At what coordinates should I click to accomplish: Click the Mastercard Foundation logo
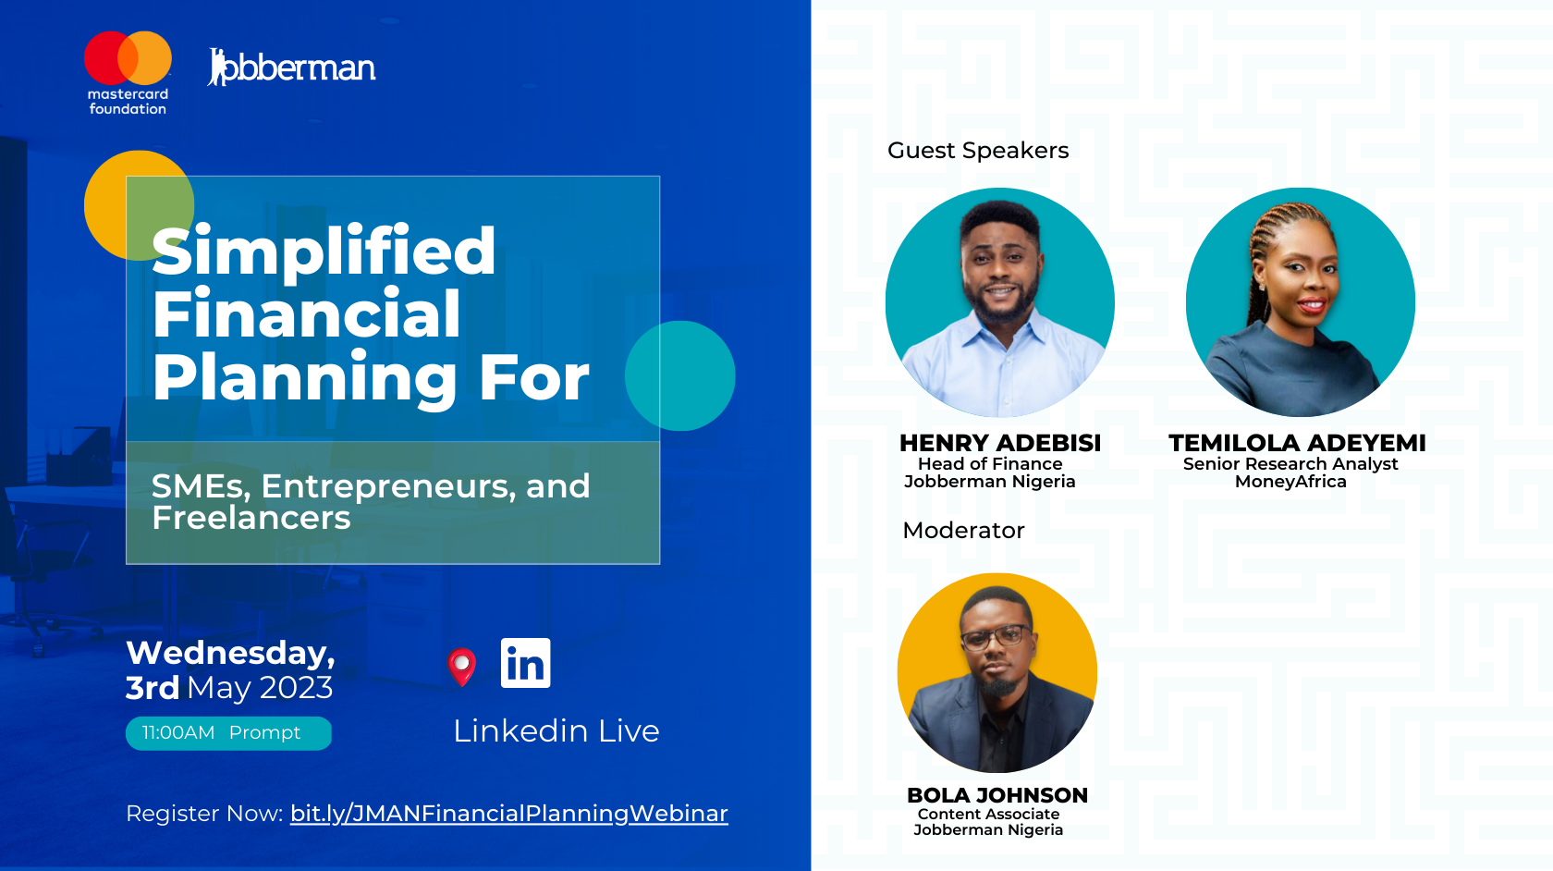pos(128,73)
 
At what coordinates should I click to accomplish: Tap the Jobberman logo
pos(292,67)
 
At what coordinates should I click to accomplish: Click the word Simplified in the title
pos(324,252)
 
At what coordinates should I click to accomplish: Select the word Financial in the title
pos(307,314)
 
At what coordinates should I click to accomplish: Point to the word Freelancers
pos(251,518)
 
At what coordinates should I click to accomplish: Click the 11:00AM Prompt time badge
pos(229,733)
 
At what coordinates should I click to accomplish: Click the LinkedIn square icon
pos(525,663)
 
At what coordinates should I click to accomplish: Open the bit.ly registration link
pos(508,814)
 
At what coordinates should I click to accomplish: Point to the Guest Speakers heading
pos(978,151)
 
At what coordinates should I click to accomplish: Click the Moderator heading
pos(963,531)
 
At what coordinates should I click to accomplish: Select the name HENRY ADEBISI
pos(1000,443)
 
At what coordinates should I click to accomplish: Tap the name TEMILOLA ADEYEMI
pos(1297,443)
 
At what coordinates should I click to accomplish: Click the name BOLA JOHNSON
pos(997,795)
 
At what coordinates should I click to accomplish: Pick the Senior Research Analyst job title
pos(1290,464)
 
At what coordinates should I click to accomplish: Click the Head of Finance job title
pos(990,464)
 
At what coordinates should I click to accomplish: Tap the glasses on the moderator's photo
pos(997,637)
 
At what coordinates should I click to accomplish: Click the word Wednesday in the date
pos(231,653)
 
